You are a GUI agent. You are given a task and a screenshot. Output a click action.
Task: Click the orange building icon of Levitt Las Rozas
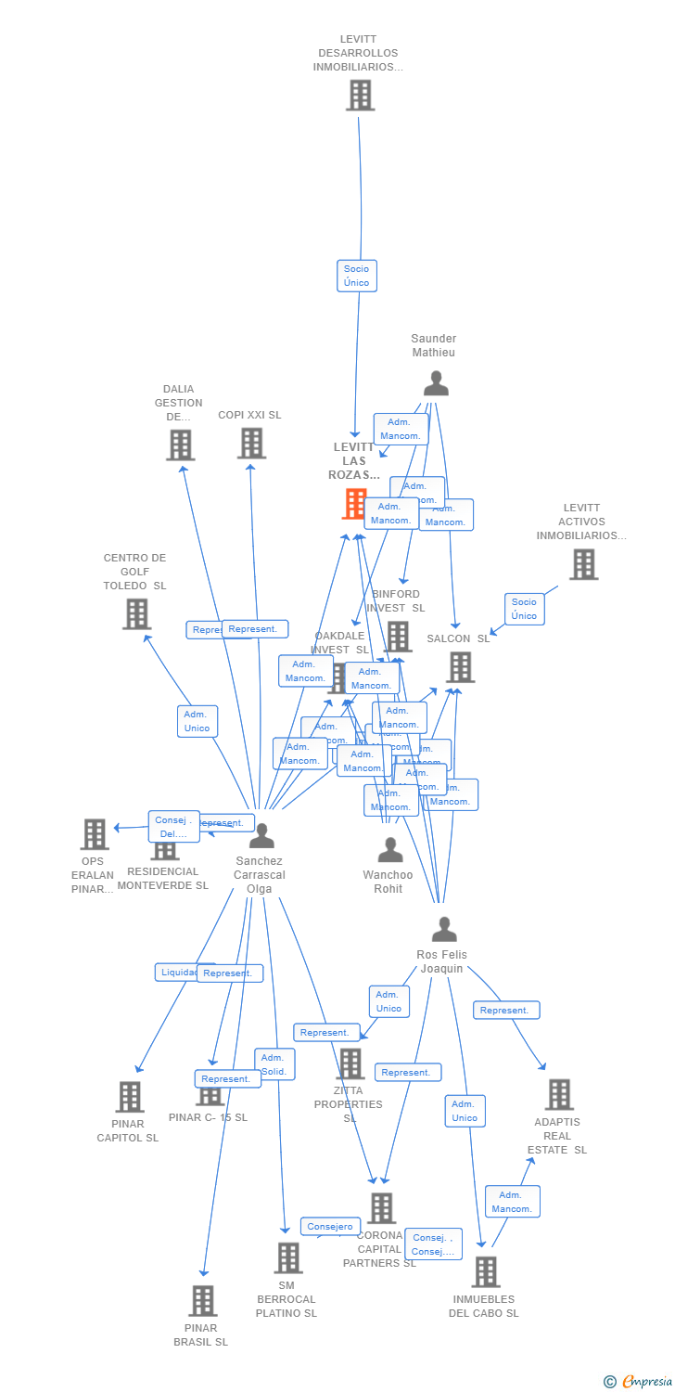click(x=355, y=503)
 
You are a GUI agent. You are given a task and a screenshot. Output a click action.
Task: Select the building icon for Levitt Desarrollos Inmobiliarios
click(x=360, y=95)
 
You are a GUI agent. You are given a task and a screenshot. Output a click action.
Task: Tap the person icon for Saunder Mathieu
click(x=435, y=382)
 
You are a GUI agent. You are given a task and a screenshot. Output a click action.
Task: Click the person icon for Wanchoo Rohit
click(x=390, y=849)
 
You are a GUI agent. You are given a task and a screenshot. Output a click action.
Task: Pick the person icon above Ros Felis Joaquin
click(x=444, y=929)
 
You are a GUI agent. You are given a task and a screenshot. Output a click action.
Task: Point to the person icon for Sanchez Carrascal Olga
click(x=261, y=836)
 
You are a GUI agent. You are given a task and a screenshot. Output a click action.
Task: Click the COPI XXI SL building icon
click(x=251, y=443)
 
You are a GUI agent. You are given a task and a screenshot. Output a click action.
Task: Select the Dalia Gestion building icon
click(x=180, y=445)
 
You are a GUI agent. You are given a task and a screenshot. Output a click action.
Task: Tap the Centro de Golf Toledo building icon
click(x=136, y=613)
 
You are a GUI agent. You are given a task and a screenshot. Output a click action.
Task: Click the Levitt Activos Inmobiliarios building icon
click(x=582, y=563)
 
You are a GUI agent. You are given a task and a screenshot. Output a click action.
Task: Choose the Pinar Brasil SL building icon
click(x=203, y=1300)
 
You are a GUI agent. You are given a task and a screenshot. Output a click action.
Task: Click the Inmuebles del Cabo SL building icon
click(x=485, y=1271)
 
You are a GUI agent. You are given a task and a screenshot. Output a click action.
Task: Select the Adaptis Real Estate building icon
click(x=558, y=1094)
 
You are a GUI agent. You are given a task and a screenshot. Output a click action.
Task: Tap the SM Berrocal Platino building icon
click(x=287, y=1257)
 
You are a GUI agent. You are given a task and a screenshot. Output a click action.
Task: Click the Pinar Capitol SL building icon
click(x=129, y=1096)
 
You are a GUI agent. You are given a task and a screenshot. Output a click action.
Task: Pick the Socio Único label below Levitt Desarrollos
click(x=356, y=276)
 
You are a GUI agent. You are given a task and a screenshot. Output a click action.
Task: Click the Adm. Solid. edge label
click(x=274, y=1064)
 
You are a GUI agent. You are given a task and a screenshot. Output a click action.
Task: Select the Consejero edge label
click(x=330, y=1227)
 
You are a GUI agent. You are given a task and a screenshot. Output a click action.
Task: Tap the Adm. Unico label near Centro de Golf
click(x=197, y=721)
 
